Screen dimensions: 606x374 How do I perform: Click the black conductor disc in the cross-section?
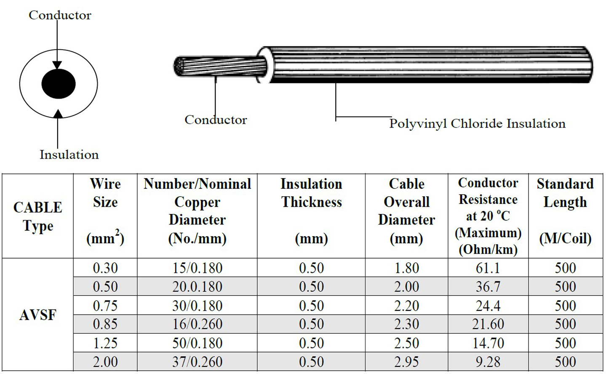[x=59, y=84]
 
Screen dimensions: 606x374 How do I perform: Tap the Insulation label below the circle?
[x=69, y=155]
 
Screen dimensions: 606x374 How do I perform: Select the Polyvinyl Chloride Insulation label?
[x=477, y=124]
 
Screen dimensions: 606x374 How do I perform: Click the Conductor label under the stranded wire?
[x=216, y=120]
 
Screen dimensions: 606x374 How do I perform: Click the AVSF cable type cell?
[x=37, y=315]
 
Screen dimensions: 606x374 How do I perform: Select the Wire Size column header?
[x=105, y=211]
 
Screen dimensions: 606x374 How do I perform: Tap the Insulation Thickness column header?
[x=311, y=211]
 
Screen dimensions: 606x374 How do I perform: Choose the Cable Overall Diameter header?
[x=407, y=211]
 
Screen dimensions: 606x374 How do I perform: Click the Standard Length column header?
[x=566, y=211]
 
